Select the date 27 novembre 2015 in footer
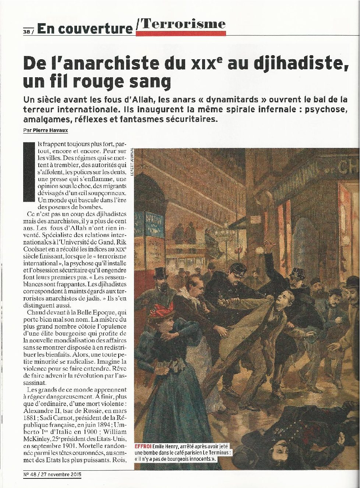click(62, 474)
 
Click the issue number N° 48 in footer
click(31, 474)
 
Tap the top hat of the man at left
click(159, 273)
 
